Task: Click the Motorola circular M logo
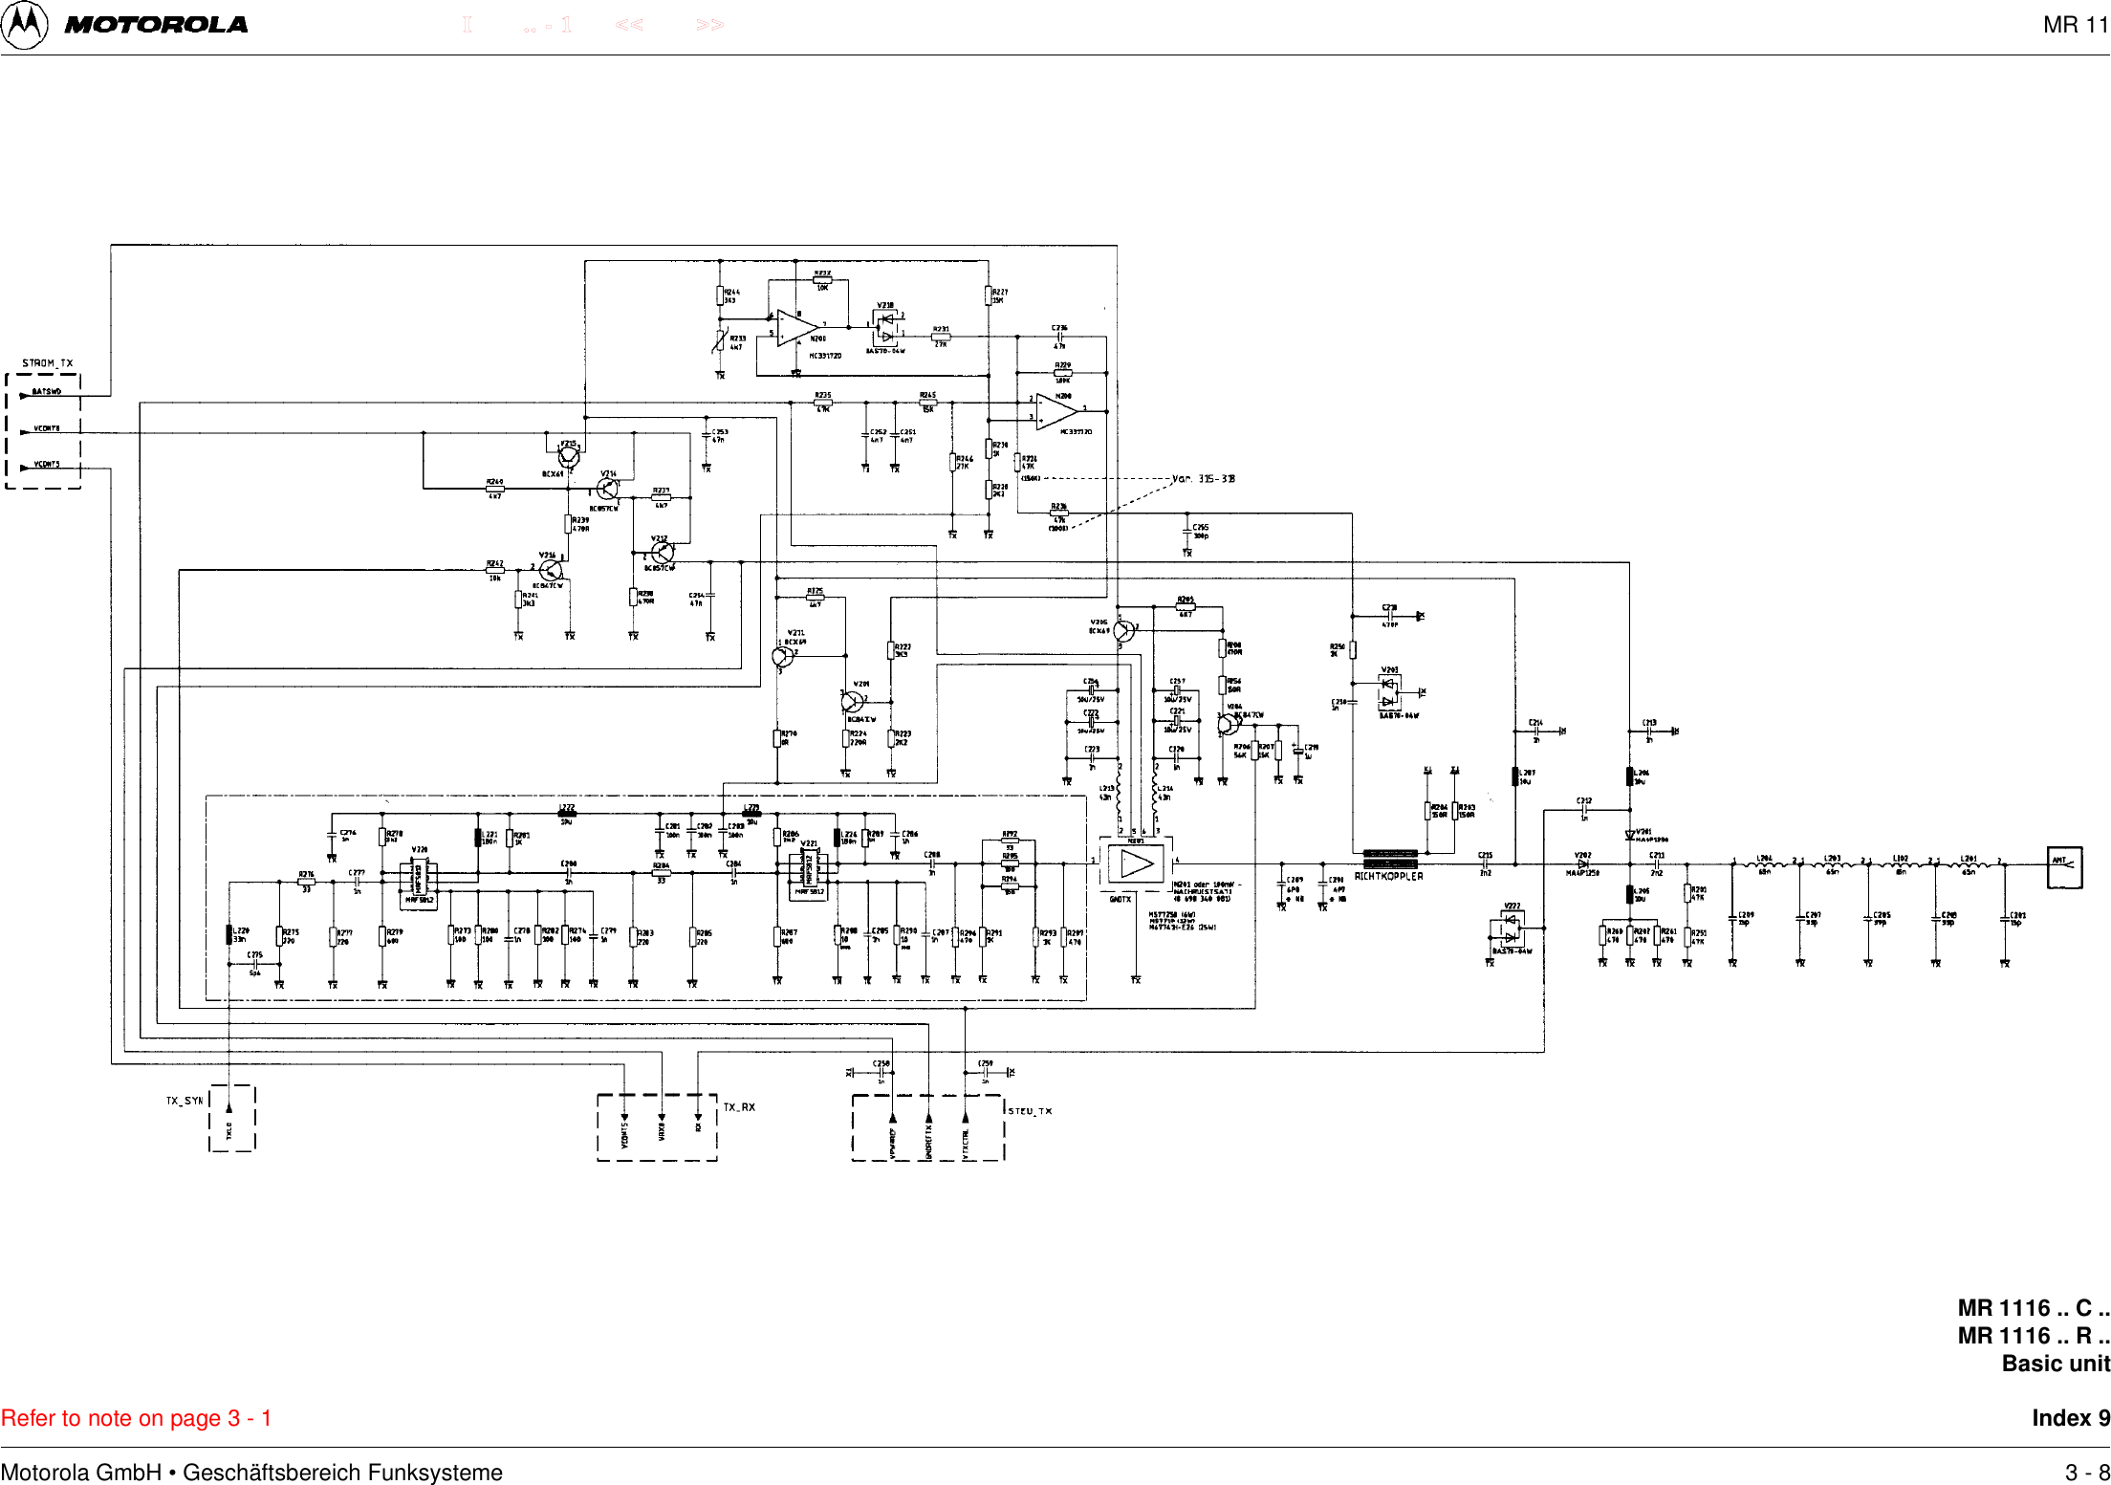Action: click(x=24, y=25)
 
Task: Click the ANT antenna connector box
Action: click(x=2064, y=866)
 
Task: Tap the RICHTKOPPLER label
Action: click(x=1388, y=876)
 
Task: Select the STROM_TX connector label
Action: click(x=48, y=363)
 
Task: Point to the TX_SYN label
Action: click(x=185, y=1101)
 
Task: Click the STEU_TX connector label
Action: click(x=1031, y=1111)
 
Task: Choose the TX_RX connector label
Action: click(x=739, y=1107)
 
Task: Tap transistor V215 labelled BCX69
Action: click(x=568, y=456)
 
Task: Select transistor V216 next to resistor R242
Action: click(x=551, y=571)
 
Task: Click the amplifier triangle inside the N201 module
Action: click(x=1137, y=863)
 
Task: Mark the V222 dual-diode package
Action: click(x=1509, y=928)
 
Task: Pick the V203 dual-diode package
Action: click(x=1389, y=691)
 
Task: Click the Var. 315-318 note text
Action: click(x=1204, y=478)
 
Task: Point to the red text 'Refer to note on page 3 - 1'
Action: click(x=137, y=1418)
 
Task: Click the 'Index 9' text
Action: click(x=2071, y=1418)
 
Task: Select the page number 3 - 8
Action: click(x=2087, y=1473)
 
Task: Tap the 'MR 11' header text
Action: click(x=2075, y=26)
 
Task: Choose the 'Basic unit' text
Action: click(x=2056, y=1364)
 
